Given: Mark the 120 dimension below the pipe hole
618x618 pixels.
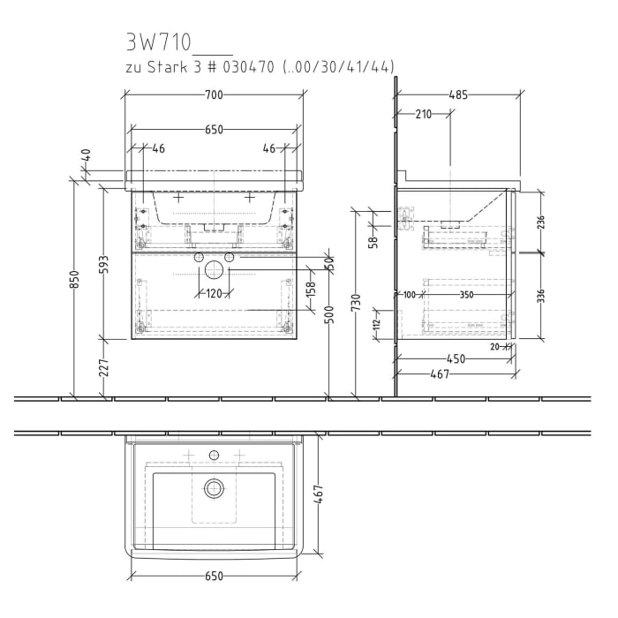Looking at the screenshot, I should point(215,295).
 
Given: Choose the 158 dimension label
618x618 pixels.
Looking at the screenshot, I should point(311,291).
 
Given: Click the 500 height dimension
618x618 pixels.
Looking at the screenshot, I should point(328,315).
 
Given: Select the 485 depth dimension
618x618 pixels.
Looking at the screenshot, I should point(457,94).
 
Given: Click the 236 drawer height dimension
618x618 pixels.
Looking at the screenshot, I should point(540,221).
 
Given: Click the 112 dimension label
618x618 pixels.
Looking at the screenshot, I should point(376,324).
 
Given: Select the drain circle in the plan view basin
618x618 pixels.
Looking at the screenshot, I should point(214,486).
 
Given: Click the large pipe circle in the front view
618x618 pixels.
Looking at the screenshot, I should point(213,270).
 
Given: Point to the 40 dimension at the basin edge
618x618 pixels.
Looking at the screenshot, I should point(86,154).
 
